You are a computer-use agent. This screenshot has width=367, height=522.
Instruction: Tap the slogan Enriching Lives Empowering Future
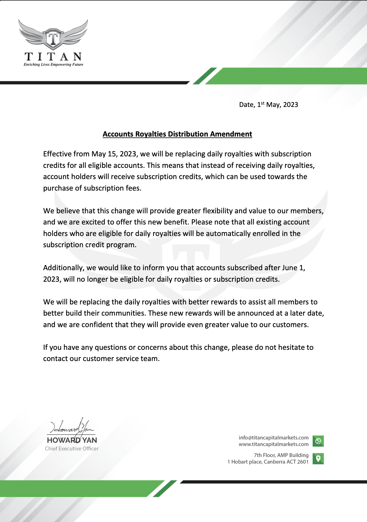point(53,65)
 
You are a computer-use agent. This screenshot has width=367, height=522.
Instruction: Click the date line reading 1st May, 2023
point(268,105)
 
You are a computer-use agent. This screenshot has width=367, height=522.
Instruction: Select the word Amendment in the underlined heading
point(231,134)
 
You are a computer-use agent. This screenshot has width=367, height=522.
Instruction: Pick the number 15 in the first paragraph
point(112,154)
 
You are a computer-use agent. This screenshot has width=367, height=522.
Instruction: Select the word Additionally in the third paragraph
point(63,268)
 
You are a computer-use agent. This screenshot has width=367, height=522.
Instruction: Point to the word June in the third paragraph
point(289,268)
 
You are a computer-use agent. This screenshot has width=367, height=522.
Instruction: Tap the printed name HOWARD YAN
point(72,440)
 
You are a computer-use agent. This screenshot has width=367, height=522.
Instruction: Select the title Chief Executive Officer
point(72,449)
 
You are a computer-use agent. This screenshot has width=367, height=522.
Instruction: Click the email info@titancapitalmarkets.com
point(274,438)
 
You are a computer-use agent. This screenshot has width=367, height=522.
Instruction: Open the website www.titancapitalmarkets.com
point(274,444)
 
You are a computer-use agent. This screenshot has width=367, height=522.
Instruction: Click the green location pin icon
point(318,458)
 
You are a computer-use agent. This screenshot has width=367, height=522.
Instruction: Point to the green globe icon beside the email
point(318,441)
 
